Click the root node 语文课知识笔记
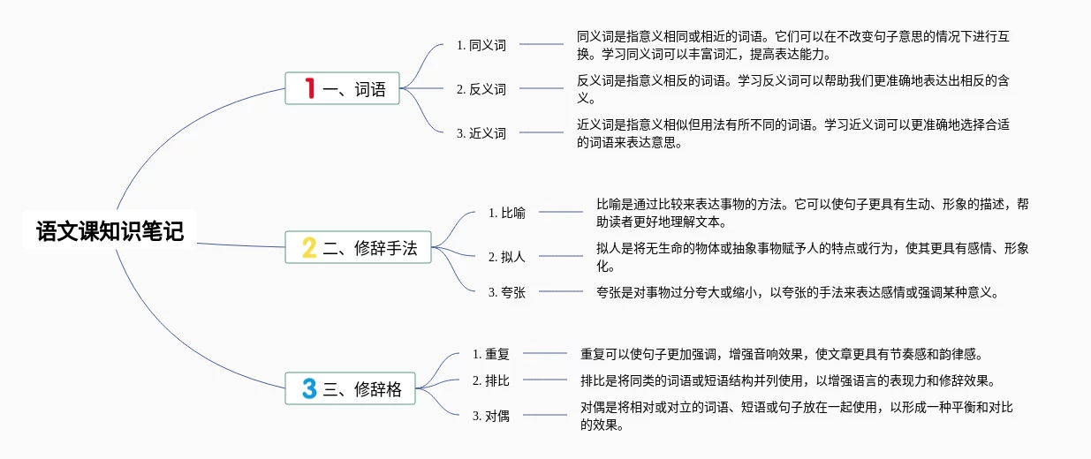(110, 230)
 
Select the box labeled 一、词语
(342, 88)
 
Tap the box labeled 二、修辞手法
(358, 247)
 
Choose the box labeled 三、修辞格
(350, 388)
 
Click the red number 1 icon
(310, 88)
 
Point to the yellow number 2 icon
(309, 247)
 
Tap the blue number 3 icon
(309, 388)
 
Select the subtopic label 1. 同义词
(481, 45)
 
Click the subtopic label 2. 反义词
(481, 89)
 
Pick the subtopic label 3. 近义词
(481, 133)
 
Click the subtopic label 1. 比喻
(506, 213)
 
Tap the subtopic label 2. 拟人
(506, 257)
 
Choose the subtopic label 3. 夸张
(506, 292)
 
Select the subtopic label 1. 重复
(491, 354)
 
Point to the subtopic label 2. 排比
(491, 380)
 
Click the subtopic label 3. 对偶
(491, 416)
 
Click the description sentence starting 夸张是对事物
(798, 292)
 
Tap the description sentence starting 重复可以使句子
(781, 354)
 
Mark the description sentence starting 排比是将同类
(788, 380)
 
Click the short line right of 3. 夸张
(561, 291)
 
